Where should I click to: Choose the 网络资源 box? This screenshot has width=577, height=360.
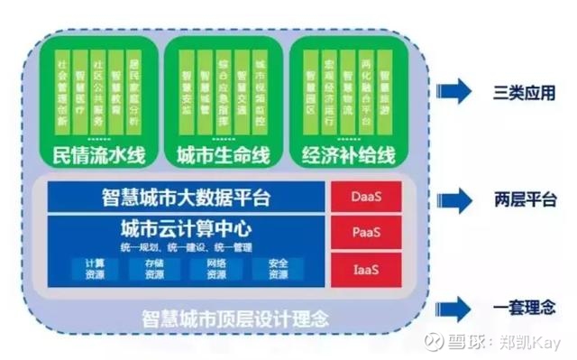click(x=215, y=268)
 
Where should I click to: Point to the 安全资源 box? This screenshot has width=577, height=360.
click(x=278, y=268)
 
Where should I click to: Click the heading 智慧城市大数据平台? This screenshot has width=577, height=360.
click(x=186, y=195)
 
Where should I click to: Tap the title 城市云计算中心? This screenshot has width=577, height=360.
click(x=186, y=228)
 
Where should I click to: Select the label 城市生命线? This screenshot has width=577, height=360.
click(x=223, y=154)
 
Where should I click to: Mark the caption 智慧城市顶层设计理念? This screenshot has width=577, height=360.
click(x=234, y=318)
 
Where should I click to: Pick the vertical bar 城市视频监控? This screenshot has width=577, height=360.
click(x=260, y=91)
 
